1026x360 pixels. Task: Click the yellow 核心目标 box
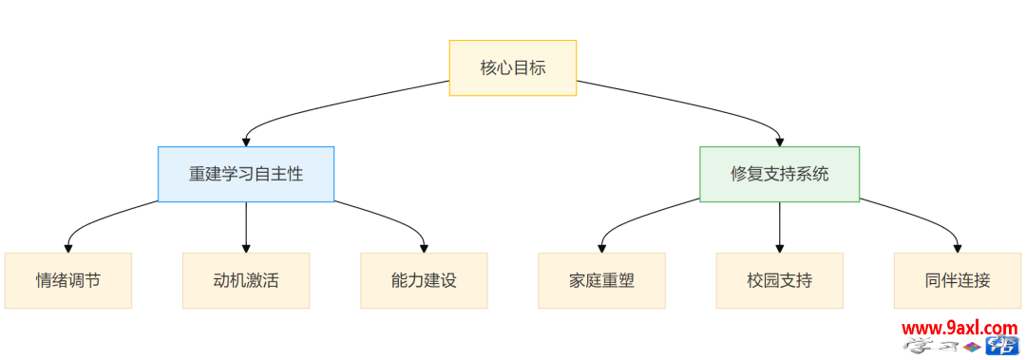(x=513, y=67)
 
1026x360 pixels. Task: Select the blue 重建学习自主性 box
(x=246, y=174)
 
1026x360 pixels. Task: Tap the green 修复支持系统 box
(x=779, y=174)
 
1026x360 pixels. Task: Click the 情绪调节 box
(x=67, y=280)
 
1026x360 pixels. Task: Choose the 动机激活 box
(x=246, y=280)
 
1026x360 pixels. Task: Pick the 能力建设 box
(x=424, y=280)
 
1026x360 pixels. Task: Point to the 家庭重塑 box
(x=601, y=280)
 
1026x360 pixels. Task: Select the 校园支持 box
(x=780, y=280)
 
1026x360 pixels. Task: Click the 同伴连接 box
(x=957, y=280)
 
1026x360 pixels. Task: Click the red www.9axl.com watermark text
(x=959, y=329)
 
